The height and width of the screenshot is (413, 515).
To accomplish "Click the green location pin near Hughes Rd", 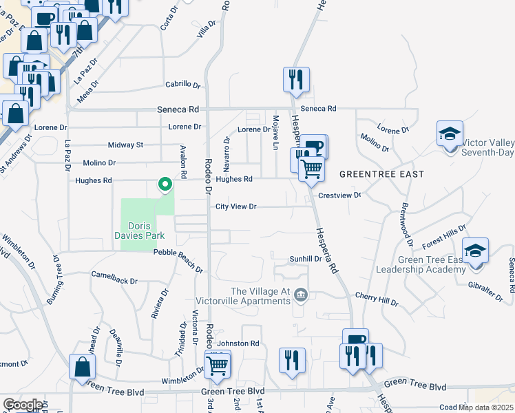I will point(165,185).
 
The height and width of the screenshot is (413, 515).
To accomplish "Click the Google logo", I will point(22,405).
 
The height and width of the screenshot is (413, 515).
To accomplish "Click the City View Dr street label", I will point(235,206).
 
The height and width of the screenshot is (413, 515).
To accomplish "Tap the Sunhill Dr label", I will point(306,259).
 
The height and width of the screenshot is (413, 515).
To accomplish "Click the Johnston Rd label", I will point(238,343).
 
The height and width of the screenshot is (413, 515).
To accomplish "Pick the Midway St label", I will point(125,145).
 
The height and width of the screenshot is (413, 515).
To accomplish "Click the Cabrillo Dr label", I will point(182,85).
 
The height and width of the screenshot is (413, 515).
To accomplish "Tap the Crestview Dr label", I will point(339,195).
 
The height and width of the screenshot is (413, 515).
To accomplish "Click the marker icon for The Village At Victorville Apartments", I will point(301,296).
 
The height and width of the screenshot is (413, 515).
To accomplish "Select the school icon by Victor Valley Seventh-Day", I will point(449,134).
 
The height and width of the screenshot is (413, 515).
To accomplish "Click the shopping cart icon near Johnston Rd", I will point(218,364).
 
